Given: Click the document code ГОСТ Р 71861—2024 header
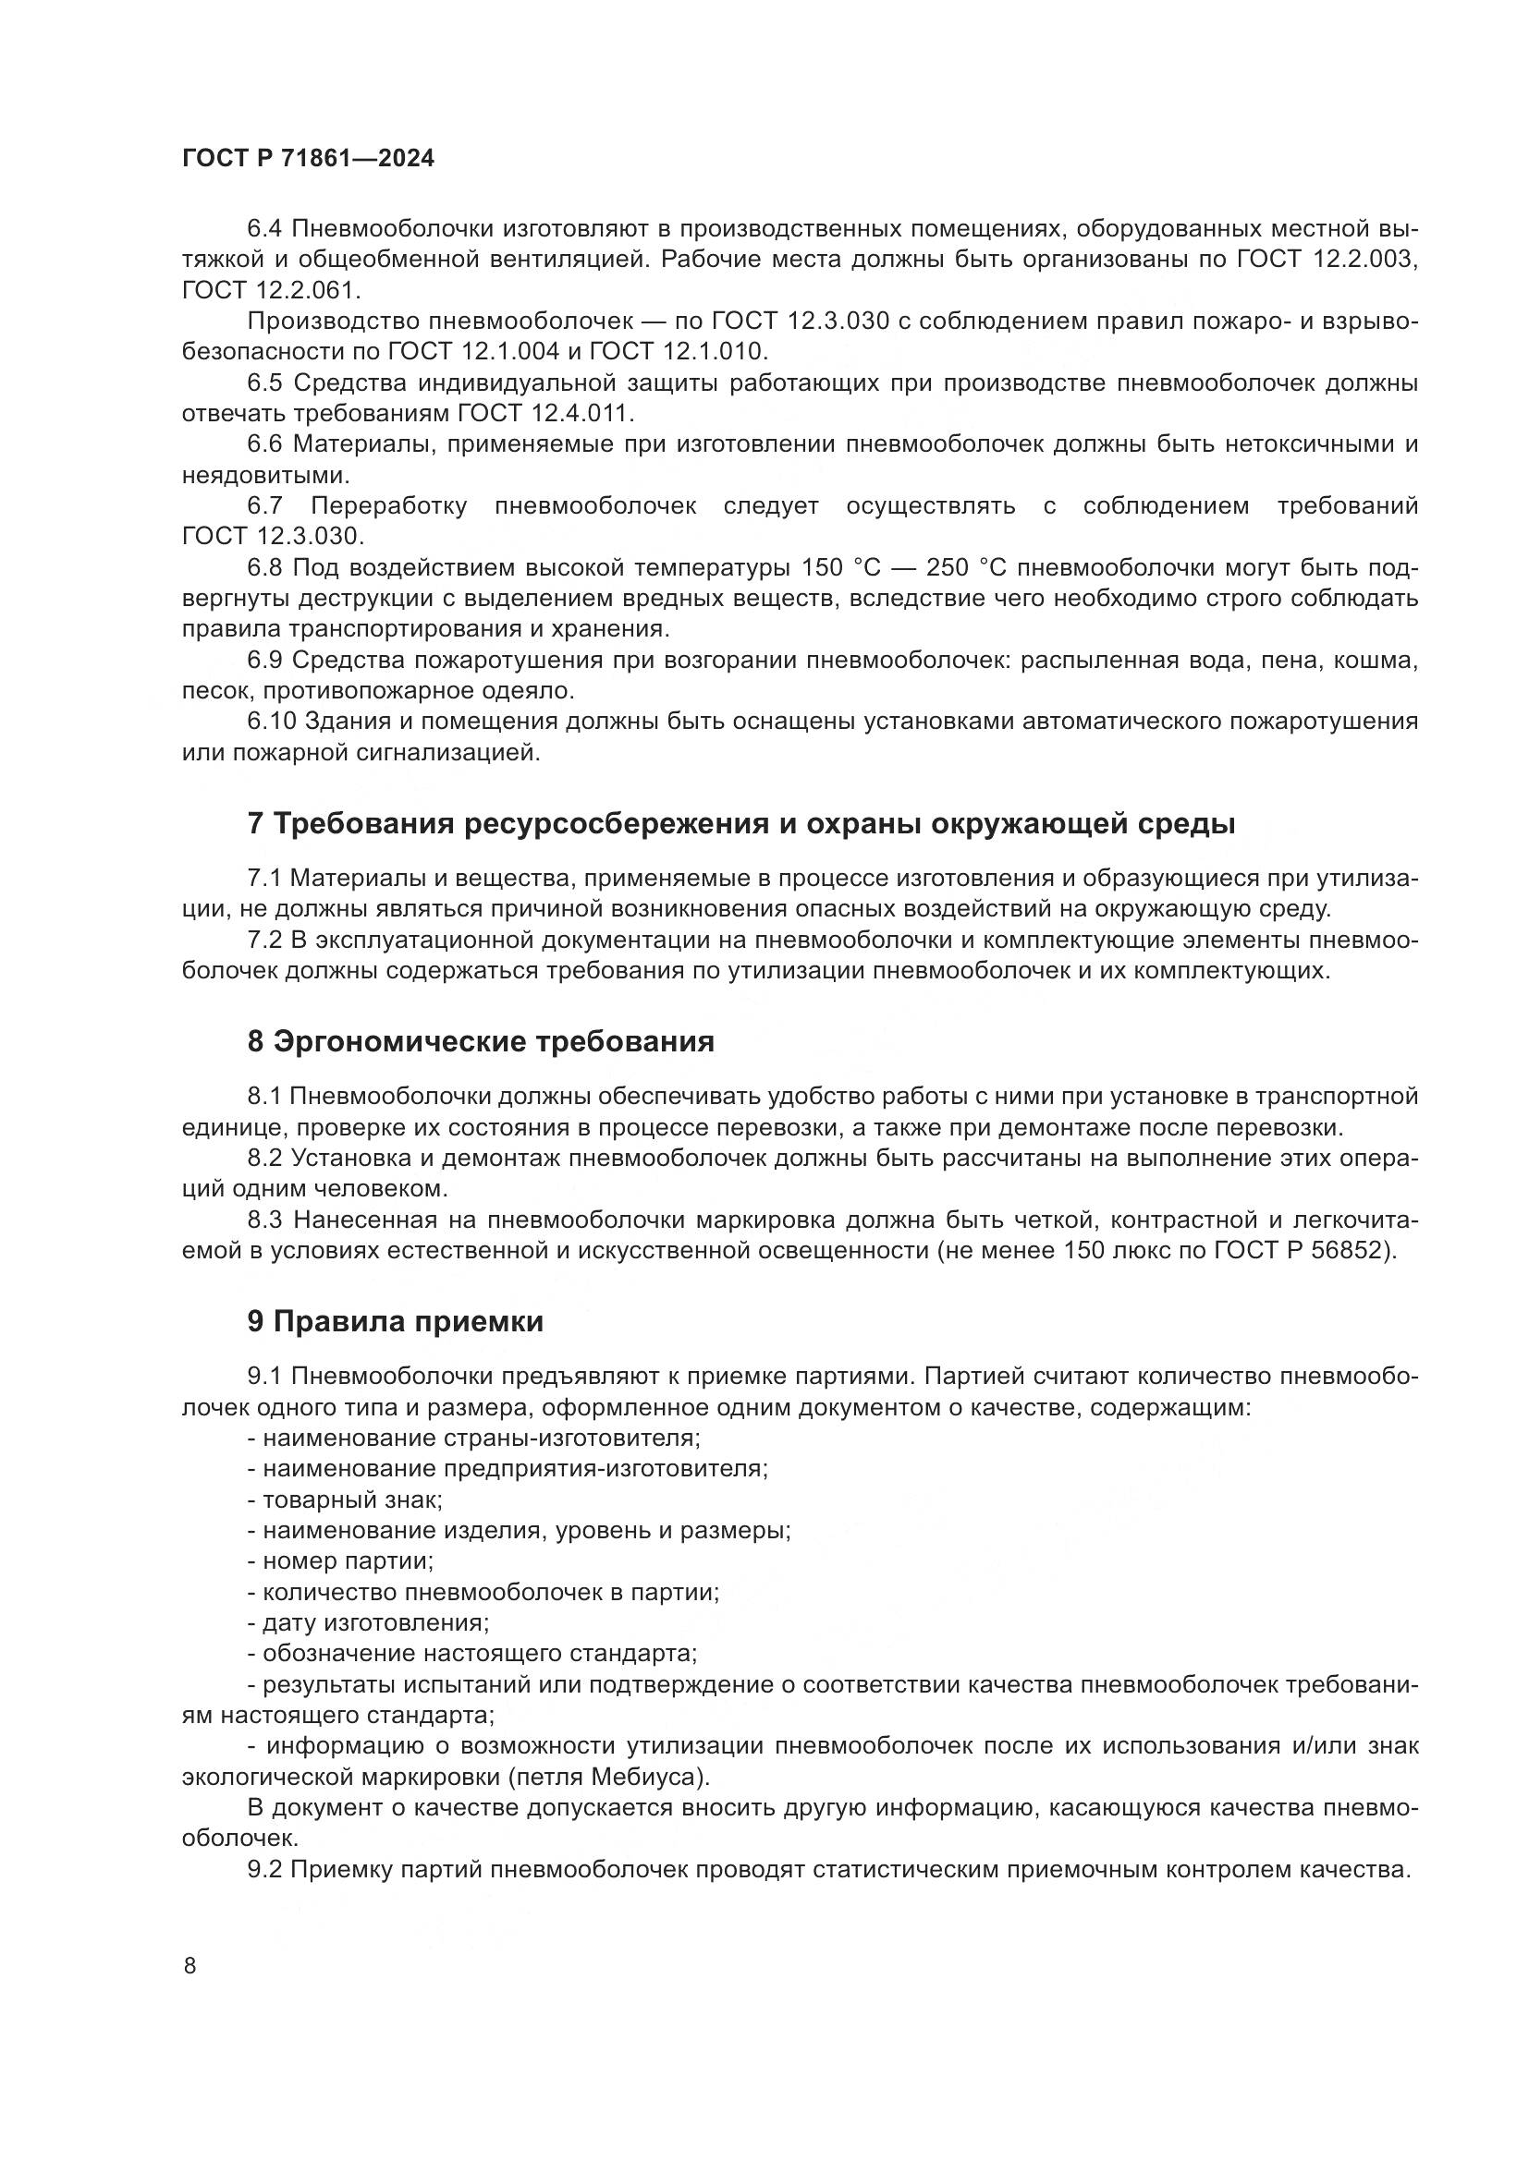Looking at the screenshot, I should coord(308,159).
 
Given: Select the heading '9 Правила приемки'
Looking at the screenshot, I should coord(396,1321).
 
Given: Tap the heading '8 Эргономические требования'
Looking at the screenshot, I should coord(480,1042).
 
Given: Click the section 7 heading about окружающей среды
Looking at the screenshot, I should coord(741,823).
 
